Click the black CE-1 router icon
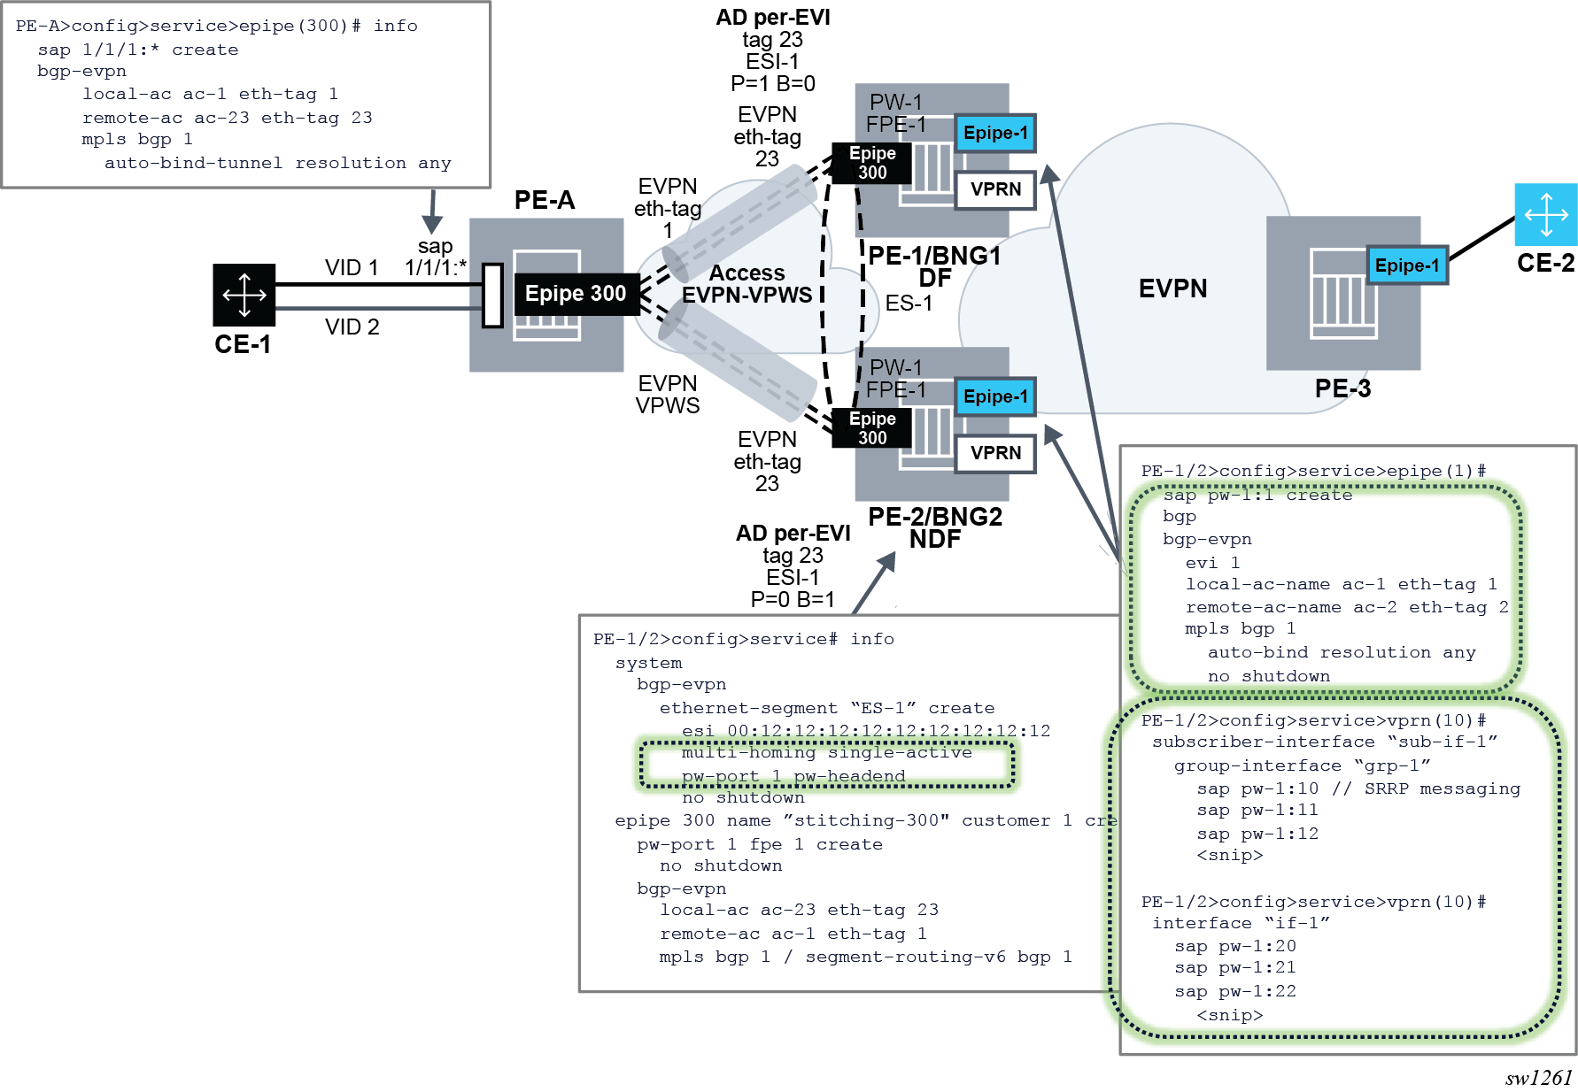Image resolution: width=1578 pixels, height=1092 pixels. (x=244, y=295)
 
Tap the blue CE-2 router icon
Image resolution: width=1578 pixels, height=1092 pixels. (x=1545, y=214)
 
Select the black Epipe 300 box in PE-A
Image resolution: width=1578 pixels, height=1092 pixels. (x=576, y=294)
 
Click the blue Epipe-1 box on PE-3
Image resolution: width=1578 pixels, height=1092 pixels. (x=1406, y=265)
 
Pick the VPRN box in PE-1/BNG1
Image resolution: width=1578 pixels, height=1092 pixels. (x=995, y=189)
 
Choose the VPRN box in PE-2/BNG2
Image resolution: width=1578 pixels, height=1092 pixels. (x=995, y=453)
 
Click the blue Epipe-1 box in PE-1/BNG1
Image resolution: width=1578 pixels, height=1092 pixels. (x=995, y=134)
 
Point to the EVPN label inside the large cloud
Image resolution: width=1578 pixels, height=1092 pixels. (x=1172, y=288)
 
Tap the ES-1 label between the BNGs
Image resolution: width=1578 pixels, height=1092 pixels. (x=909, y=304)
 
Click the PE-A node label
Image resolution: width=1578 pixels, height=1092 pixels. (x=545, y=200)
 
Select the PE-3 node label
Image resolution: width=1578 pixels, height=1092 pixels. (x=1342, y=388)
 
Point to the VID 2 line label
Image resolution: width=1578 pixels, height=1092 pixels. (x=352, y=327)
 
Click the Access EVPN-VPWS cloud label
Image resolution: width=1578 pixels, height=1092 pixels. (x=746, y=284)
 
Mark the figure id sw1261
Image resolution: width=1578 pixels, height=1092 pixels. (x=1538, y=1077)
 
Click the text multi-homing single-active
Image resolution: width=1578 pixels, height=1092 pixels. (x=826, y=753)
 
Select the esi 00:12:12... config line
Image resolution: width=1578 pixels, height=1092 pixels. (x=865, y=731)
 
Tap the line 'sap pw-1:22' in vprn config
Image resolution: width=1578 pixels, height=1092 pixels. (x=1234, y=991)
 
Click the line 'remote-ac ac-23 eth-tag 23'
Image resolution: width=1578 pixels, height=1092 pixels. (x=227, y=118)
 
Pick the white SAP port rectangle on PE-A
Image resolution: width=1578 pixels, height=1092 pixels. (x=492, y=295)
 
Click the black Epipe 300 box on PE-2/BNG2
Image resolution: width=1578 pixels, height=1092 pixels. (x=872, y=428)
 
